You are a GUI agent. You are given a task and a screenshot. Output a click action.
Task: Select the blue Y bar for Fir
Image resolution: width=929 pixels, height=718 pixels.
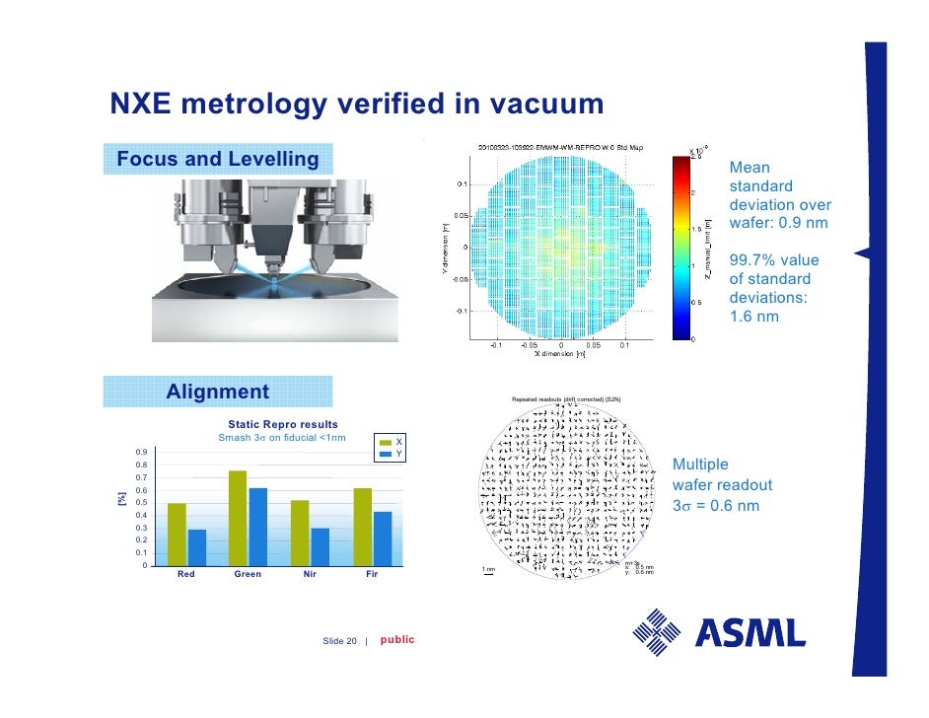point(382,538)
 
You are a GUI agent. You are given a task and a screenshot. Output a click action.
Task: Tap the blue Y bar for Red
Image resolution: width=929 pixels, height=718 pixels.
point(197,547)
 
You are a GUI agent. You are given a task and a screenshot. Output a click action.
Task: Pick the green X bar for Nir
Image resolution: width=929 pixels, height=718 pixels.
point(300,533)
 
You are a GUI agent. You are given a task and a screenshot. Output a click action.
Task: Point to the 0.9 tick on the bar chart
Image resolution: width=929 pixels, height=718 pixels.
point(141,453)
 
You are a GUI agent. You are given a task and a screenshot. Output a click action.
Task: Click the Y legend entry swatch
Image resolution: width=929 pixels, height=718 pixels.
point(386,454)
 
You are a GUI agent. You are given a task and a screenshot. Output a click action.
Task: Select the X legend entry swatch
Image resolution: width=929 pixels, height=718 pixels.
point(386,442)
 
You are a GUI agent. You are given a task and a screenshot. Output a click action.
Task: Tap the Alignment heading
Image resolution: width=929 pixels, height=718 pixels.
point(217,392)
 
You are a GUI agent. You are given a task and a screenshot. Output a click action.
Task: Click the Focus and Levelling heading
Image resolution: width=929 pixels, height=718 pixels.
point(218,159)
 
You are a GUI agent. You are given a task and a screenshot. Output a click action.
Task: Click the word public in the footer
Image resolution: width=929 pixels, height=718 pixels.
point(397,640)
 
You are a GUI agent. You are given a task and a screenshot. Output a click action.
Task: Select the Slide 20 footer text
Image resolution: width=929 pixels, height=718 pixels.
point(339,641)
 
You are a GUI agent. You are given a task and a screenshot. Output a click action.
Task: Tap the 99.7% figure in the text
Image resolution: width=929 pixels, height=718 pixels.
point(754,260)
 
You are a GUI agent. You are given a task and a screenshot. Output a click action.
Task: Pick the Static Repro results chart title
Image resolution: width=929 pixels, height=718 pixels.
point(283,424)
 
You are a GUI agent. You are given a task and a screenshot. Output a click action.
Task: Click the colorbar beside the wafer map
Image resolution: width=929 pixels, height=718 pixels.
point(680,247)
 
